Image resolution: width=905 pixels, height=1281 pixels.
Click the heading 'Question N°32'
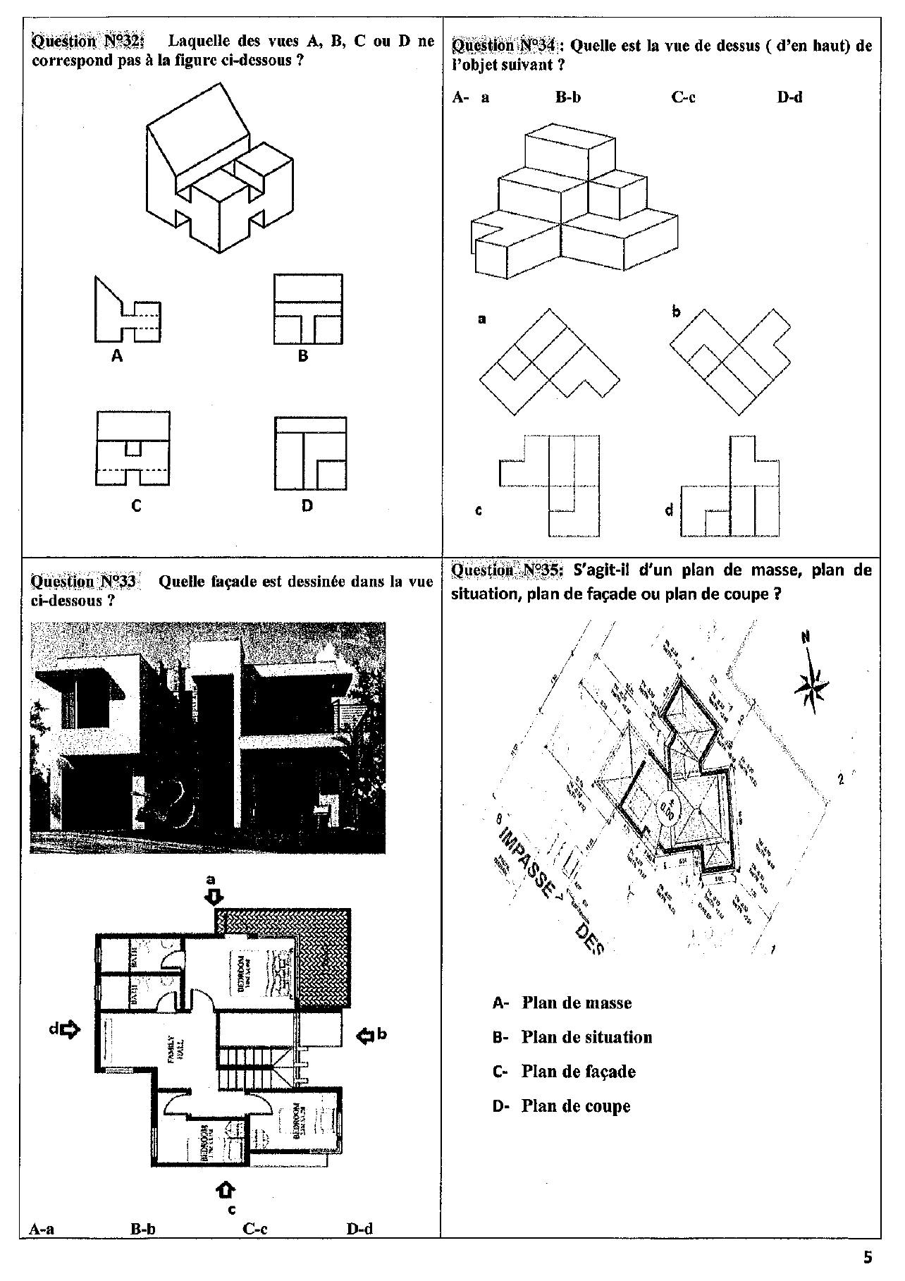click(x=87, y=41)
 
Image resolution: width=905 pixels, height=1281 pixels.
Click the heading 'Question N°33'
click(x=83, y=582)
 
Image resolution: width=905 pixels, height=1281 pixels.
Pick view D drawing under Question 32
click(x=310, y=453)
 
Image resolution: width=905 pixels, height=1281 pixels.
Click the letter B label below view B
click(x=303, y=356)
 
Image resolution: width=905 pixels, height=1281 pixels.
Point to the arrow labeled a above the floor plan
click(x=214, y=896)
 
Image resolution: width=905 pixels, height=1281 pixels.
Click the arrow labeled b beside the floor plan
click(x=366, y=1036)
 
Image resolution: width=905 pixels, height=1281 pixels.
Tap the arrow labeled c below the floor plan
click(x=224, y=1189)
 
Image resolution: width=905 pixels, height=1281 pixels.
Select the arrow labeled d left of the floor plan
click(x=70, y=1029)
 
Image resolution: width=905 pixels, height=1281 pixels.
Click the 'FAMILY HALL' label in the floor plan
click(x=173, y=1055)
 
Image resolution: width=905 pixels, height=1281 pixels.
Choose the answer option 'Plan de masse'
click(x=576, y=1003)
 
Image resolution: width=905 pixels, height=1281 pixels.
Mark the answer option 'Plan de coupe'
click(x=575, y=1105)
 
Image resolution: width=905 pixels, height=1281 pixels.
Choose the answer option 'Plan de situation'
click(x=586, y=1037)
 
